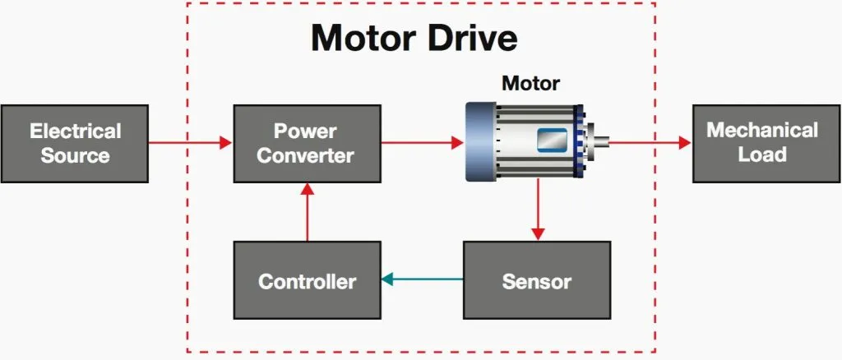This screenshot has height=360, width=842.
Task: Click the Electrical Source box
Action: click(75, 143)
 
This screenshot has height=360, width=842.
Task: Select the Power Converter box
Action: click(306, 143)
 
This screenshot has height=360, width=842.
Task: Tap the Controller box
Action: click(307, 280)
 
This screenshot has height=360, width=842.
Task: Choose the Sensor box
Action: click(536, 280)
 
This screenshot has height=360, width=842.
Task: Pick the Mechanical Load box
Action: click(761, 143)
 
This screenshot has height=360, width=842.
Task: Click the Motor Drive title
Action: click(414, 39)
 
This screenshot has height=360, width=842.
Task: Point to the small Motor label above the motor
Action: click(530, 83)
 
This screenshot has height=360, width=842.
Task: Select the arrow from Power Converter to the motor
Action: click(421, 143)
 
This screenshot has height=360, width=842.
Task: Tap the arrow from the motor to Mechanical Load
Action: click(650, 143)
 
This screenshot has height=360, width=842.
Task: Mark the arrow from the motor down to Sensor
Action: click(538, 210)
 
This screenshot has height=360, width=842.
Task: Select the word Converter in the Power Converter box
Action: click(306, 155)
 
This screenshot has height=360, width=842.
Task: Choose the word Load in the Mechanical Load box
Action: click(761, 155)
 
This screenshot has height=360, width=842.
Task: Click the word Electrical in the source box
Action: click(75, 132)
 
